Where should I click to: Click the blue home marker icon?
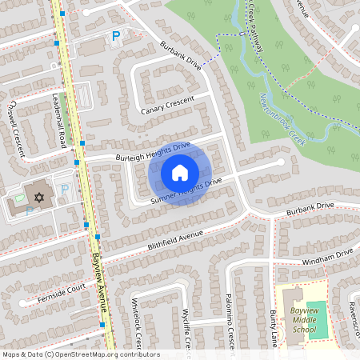(x=179, y=172)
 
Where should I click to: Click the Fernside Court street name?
(x=61, y=293)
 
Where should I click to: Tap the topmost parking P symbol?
(x=116, y=36)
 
